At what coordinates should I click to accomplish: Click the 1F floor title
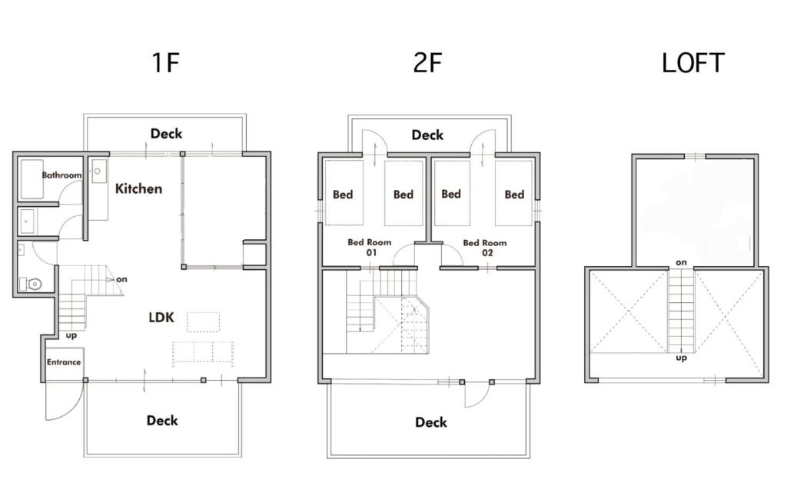tap(166, 63)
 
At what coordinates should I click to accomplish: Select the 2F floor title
tap(427, 63)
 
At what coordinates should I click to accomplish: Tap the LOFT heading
tap(692, 63)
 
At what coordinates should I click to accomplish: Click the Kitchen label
tap(138, 188)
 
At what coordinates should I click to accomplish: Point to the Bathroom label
tap(61, 175)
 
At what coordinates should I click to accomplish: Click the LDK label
tap(161, 318)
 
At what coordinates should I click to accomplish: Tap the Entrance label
tap(64, 362)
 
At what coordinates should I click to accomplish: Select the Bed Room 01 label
tap(370, 247)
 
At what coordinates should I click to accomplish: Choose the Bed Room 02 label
tap(485, 248)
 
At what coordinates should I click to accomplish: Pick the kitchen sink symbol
tap(99, 171)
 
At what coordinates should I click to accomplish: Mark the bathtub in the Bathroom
tap(32, 179)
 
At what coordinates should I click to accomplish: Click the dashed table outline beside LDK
tap(203, 322)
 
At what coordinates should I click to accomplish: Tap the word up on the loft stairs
tap(681, 358)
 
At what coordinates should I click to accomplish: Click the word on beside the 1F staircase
tap(121, 279)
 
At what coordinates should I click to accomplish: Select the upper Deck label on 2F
tap(427, 135)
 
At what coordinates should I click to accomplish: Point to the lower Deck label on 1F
tap(162, 420)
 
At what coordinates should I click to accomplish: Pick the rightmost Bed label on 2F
tap(514, 195)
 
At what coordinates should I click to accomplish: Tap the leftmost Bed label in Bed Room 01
tap(343, 195)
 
